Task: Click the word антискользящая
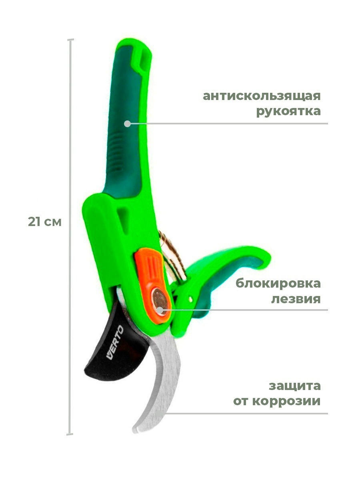click(262, 97)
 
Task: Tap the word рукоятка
click(288, 111)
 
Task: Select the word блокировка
click(278, 284)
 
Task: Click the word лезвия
click(296, 299)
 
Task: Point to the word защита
click(294, 386)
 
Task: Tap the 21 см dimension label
click(45, 222)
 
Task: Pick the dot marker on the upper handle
click(127, 124)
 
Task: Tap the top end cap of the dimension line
click(71, 40)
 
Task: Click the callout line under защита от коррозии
click(248, 414)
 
